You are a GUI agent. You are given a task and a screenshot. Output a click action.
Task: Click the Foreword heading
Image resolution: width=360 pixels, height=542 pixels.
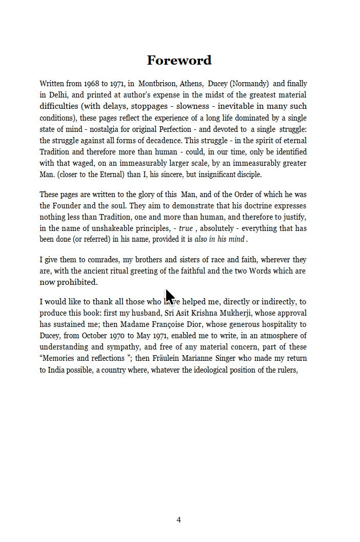point(179,61)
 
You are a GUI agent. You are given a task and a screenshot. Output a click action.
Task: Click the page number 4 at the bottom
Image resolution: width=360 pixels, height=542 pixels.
point(178,520)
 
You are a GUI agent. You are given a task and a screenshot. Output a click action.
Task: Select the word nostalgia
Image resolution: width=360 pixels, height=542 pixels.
point(100,129)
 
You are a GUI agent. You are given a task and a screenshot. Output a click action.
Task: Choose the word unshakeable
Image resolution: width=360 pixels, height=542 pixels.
point(115,228)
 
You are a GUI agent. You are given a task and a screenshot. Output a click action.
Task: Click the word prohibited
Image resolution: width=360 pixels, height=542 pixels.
point(77,282)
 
